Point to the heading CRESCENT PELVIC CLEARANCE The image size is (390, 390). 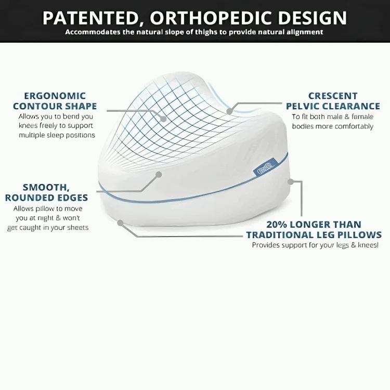[x=333, y=101]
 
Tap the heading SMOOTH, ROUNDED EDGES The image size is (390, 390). [x=46, y=192]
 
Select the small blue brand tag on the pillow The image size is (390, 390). [x=261, y=168]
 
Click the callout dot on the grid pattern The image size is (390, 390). [x=163, y=119]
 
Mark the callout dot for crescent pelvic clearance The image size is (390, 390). [x=229, y=111]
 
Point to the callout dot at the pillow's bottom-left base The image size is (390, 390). [x=120, y=223]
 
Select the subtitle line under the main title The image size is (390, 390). [x=194, y=32]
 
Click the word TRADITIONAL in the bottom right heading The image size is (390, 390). [x=289, y=235]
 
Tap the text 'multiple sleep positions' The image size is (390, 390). [x=57, y=135]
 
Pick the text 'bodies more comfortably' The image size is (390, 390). [x=333, y=126]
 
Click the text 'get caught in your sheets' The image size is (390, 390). [x=48, y=227]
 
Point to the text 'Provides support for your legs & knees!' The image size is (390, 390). [x=315, y=245]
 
